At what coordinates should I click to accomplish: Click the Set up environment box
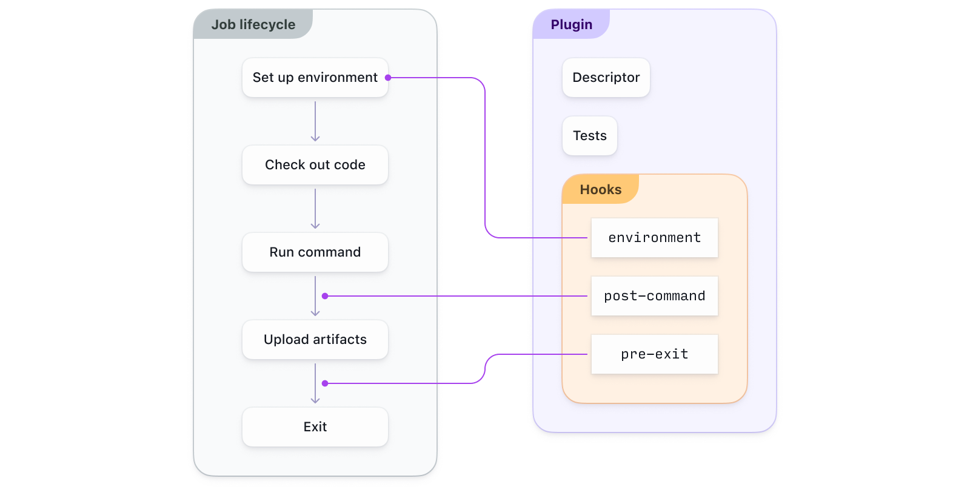315,78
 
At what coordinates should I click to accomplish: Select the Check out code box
315,165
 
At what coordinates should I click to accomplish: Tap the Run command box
315,252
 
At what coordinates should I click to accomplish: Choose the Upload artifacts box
315,340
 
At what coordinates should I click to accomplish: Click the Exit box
315,427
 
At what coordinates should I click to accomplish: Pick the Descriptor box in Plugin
606,78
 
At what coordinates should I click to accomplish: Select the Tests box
589,136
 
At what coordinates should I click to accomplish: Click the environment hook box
654,238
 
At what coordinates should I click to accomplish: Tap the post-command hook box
654,296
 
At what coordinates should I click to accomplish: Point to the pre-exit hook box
654,354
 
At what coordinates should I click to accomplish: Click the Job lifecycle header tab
253,25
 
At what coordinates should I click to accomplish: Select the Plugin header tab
571,25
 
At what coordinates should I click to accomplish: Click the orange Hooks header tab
600,190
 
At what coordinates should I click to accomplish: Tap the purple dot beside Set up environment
388,78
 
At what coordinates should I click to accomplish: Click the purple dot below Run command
325,296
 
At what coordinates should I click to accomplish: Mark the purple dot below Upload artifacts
325,383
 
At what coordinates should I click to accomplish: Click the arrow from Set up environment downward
315,121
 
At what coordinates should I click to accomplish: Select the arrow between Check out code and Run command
315,209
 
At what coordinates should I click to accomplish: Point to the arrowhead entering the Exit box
315,400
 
